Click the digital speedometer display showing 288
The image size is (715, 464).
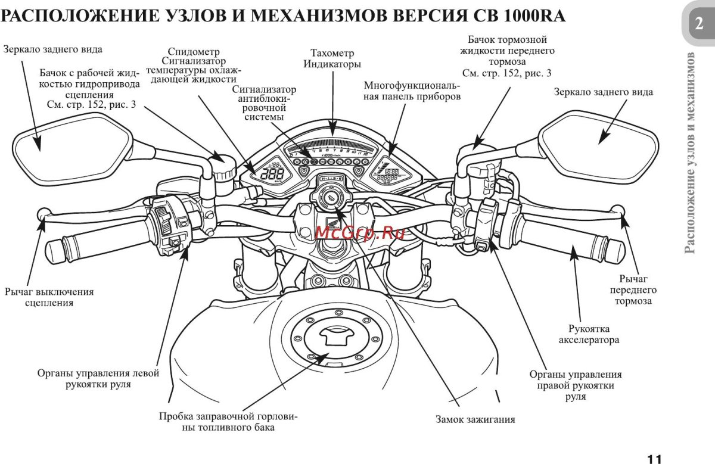click(x=272, y=174)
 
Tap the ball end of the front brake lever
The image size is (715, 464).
click(x=618, y=210)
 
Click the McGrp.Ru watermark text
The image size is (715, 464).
click(x=357, y=232)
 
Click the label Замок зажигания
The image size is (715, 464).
click(x=474, y=419)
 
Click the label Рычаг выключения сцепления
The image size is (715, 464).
click(x=49, y=297)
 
